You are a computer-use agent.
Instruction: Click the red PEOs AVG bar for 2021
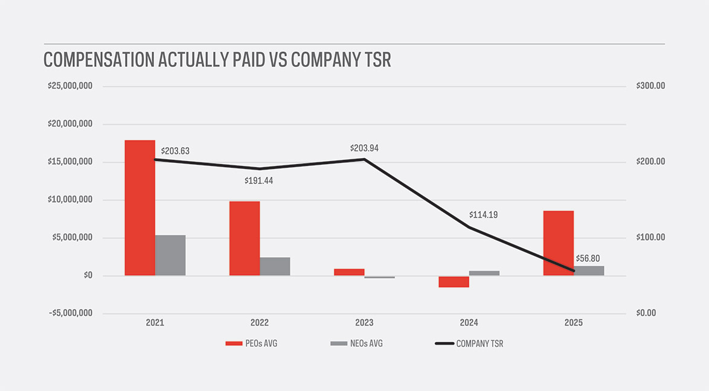tap(140, 208)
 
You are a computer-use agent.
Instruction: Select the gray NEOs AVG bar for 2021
tap(170, 255)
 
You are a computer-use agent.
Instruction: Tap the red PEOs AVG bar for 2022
tap(245, 238)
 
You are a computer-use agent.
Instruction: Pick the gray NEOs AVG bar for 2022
tap(275, 266)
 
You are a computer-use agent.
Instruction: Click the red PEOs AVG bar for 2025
tap(559, 243)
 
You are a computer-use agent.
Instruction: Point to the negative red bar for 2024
tap(454, 282)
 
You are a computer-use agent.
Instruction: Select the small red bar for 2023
tap(349, 272)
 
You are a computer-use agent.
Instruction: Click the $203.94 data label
tap(364, 148)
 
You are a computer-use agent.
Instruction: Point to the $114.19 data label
tap(483, 215)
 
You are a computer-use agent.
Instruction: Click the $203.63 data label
tap(175, 151)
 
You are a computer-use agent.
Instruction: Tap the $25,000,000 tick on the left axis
tap(70, 86)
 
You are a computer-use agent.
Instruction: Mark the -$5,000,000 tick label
tap(70, 313)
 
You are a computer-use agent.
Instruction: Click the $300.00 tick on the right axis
tap(650, 86)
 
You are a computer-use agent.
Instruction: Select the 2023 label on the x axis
tap(364, 323)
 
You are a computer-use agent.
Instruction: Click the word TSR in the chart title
tap(375, 60)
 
